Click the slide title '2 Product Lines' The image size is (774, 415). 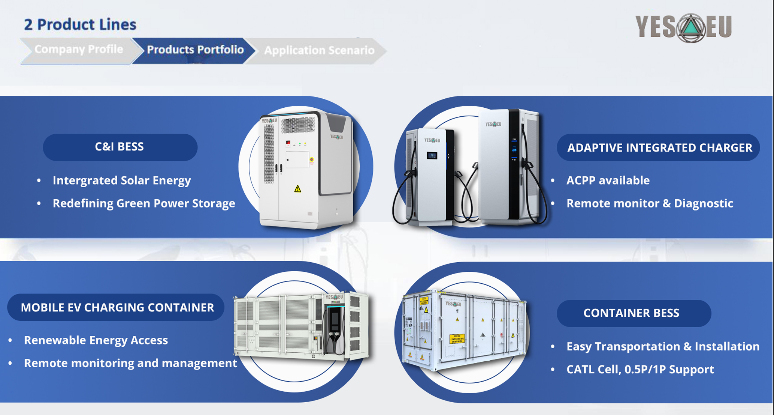point(80,25)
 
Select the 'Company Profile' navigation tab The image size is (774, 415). point(78,50)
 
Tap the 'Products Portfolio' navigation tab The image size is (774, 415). point(195,50)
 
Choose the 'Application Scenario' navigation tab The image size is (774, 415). point(319,50)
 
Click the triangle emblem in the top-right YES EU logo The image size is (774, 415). point(692,28)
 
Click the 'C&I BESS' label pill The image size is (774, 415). point(120,147)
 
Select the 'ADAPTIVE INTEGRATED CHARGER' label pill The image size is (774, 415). point(659,148)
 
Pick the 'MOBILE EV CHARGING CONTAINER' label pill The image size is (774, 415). point(117,307)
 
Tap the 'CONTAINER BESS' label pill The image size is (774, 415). point(632,313)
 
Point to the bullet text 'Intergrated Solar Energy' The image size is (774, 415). point(122,180)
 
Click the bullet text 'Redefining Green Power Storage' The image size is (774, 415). point(144,203)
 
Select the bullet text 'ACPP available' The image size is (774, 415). point(608,180)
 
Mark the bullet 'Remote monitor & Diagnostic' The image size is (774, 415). point(649,203)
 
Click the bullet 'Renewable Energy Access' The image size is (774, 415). point(96,340)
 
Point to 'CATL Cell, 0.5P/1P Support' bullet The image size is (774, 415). point(640,370)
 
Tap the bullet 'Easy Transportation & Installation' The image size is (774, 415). point(663,346)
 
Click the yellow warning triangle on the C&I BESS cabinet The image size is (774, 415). point(297,188)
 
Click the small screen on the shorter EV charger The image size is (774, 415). point(432,155)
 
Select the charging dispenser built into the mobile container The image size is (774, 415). point(335,330)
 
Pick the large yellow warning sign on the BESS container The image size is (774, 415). point(457,338)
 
